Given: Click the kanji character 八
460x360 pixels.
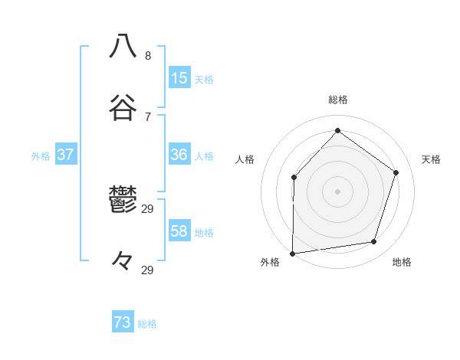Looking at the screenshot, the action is pyautogui.click(x=123, y=46).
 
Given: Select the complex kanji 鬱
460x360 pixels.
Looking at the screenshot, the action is pyautogui.click(x=123, y=199).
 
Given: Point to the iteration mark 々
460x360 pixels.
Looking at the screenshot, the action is pyautogui.click(x=123, y=261).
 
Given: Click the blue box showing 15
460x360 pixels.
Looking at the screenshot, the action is pyautogui.click(x=179, y=78).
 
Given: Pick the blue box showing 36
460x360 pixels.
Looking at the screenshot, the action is pyautogui.click(x=179, y=155).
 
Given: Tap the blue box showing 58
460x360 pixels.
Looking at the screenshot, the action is pyautogui.click(x=179, y=231).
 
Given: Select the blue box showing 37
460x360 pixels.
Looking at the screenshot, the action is pyautogui.click(x=65, y=155).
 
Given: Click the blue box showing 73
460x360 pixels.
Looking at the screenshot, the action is pyautogui.click(x=123, y=322).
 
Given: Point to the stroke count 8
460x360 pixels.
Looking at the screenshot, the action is pyautogui.click(x=148, y=56).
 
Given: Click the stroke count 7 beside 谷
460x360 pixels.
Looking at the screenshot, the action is pyautogui.click(x=148, y=116).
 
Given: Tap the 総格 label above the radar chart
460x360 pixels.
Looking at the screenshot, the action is pyautogui.click(x=338, y=100).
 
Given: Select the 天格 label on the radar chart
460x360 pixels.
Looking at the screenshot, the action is pyautogui.click(x=431, y=159).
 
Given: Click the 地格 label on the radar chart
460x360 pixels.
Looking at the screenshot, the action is pyautogui.click(x=402, y=263).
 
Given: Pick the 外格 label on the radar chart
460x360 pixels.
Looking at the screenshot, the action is pyautogui.click(x=270, y=263).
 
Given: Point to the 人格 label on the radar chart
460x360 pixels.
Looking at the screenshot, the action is pyautogui.click(x=245, y=159).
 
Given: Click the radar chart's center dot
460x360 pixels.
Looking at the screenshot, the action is pyautogui.click(x=337, y=191).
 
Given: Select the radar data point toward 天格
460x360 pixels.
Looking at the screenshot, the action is pyautogui.click(x=396, y=172).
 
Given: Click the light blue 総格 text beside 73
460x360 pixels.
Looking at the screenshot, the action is pyautogui.click(x=147, y=324).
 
